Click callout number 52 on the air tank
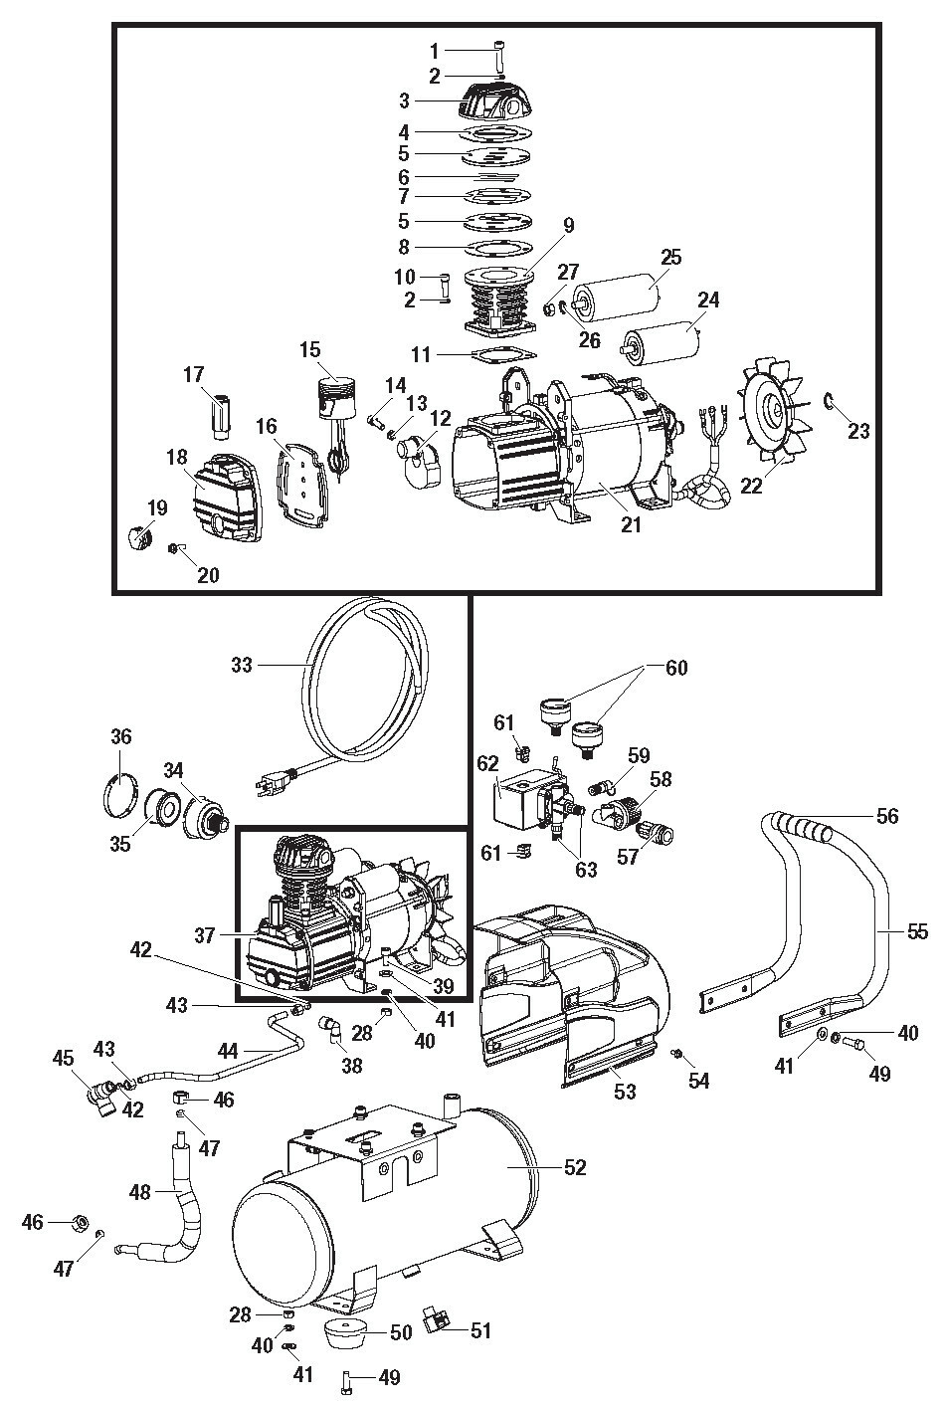(x=575, y=1167)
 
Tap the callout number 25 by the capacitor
(x=670, y=258)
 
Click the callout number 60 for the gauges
(x=676, y=668)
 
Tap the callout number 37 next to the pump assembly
(x=205, y=935)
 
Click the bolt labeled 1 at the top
(x=498, y=51)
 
